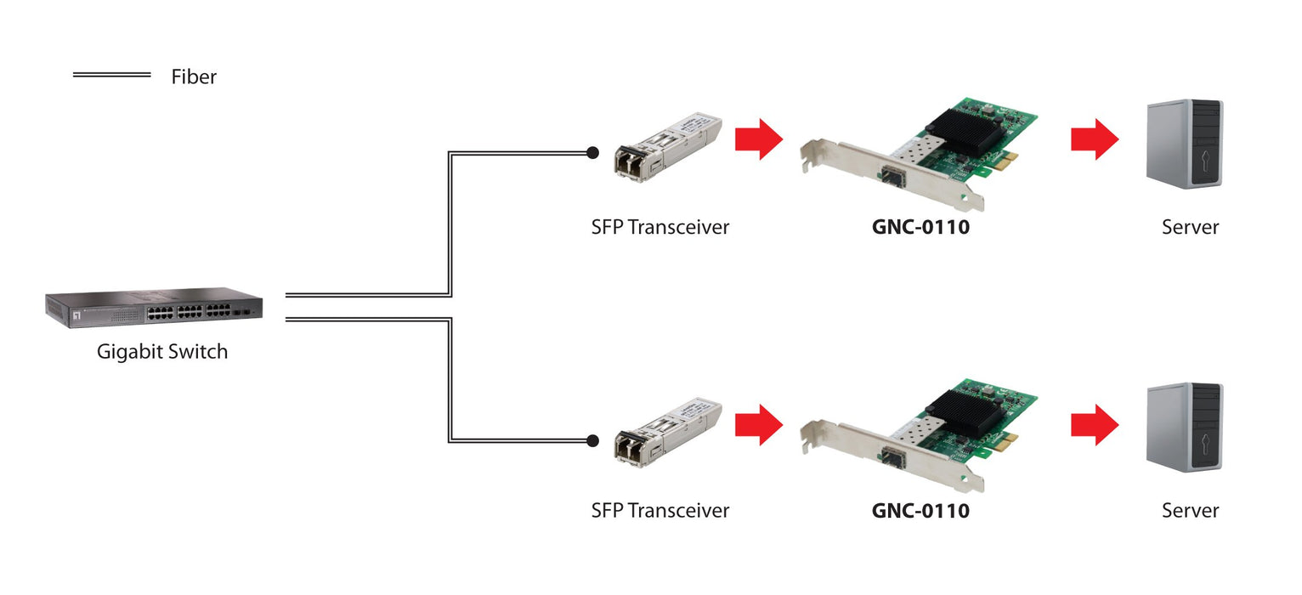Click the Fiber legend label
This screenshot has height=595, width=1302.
point(194,76)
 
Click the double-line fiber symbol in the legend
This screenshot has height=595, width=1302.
point(111,75)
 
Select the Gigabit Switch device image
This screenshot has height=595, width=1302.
point(154,308)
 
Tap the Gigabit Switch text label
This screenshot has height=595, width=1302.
point(162,351)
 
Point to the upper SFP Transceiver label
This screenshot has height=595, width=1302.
point(660,227)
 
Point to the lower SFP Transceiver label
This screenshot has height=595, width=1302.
point(660,510)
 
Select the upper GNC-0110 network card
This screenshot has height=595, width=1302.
point(918,153)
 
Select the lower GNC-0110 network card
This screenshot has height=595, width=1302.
point(918,436)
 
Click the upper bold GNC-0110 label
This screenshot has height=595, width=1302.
point(920,227)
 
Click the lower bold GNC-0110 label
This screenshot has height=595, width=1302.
point(920,510)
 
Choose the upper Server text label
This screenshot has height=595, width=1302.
point(1190,227)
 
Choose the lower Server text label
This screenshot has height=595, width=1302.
point(1190,510)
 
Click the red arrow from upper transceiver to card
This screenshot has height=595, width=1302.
point(758,139)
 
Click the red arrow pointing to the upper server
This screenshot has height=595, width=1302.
point(1095,139)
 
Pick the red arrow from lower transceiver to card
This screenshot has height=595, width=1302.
point(758,424)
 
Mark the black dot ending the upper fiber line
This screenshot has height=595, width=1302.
point(592,153)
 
